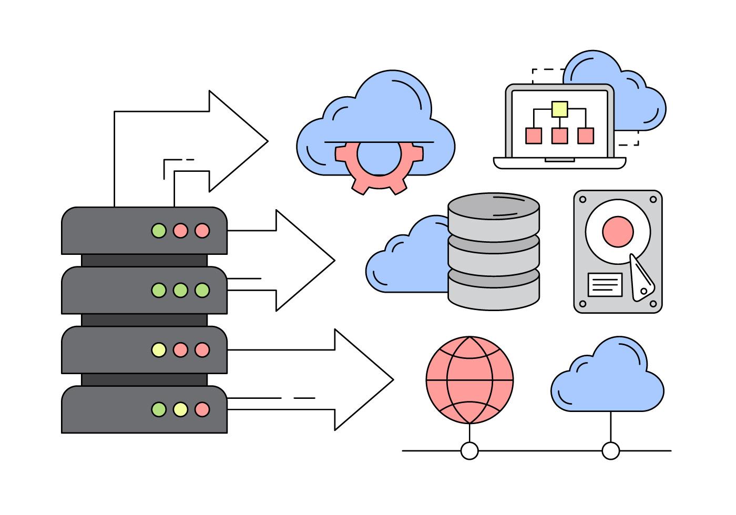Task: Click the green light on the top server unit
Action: (x=159, y=230)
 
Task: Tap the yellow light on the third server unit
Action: (x=159, y=349)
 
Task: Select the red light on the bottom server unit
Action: (x=202, y=409)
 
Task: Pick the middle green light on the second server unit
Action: (x=180, y=290)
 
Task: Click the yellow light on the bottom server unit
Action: (x=180, y=409)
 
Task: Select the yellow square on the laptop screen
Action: (x=559, y=109)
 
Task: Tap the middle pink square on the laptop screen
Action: (x=559, y=136)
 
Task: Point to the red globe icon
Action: (x=469, y=380)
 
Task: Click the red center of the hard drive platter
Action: (x=618, y=231)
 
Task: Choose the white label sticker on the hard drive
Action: (x=604, y=284)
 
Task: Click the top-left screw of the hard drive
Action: (x=582, y=200)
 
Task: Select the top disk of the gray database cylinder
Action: (x=494, y=213)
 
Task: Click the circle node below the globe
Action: (x=469, y=451)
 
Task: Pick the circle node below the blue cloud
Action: (x=610, y=451)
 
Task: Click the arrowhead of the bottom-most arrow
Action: (x=368, y=379)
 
